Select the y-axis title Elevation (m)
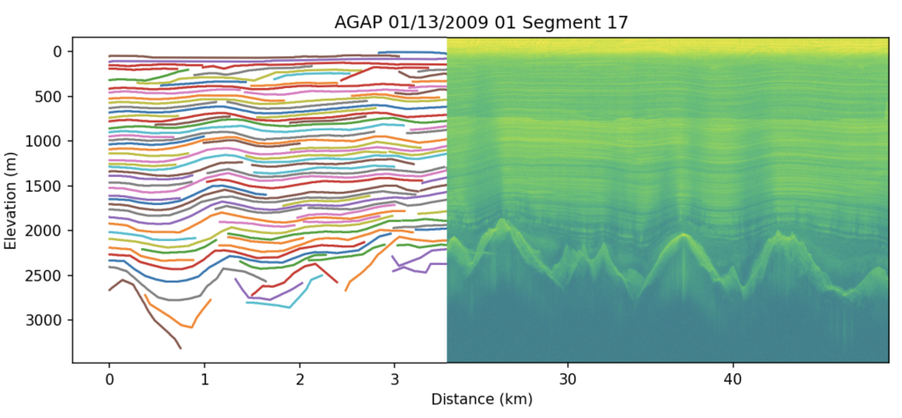click(11, 199)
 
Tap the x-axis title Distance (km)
click(481, 399)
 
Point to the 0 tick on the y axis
click(57, 52)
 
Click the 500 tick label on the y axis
click(49, 97)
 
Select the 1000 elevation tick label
click(46, 142)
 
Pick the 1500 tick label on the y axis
click(46, 187)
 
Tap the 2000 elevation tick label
click(46, 231)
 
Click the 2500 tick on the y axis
click(46, 275)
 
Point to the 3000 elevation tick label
click(46, 320)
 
